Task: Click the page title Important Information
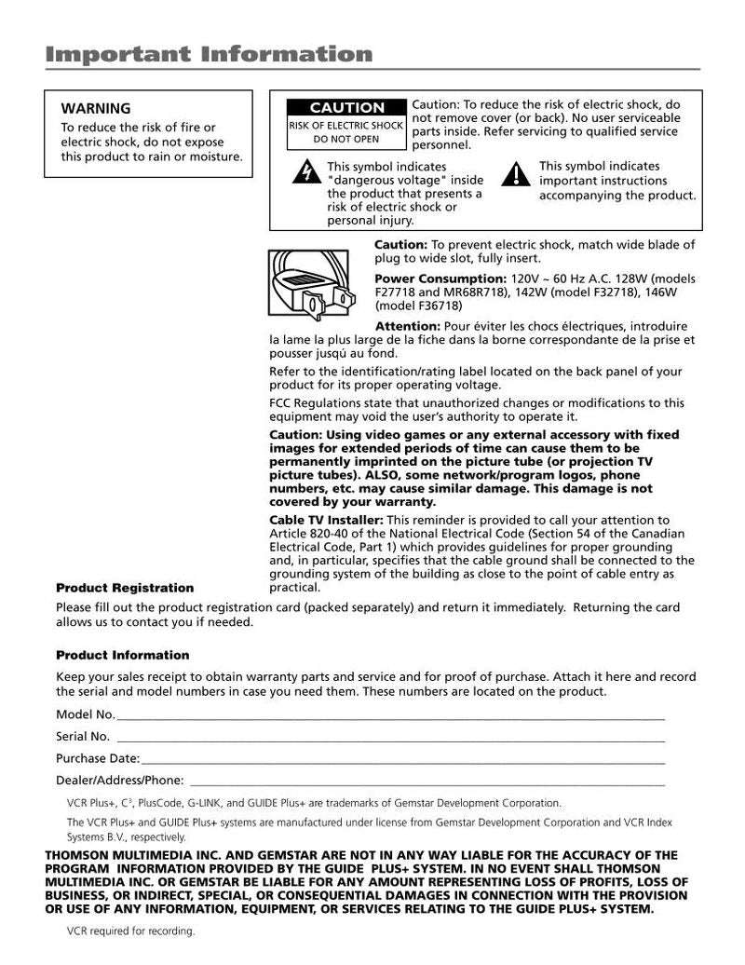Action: (209, 54)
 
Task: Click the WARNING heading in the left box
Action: (96, 109)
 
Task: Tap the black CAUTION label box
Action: (346, 108)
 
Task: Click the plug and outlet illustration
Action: (315, 280)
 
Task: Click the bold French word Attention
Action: (407, 326)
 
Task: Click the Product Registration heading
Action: (125, 588)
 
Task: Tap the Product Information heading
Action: (122, 655)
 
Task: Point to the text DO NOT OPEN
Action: (345, 140)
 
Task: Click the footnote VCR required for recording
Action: (130, 931)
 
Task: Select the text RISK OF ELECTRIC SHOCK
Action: (345, 125)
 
